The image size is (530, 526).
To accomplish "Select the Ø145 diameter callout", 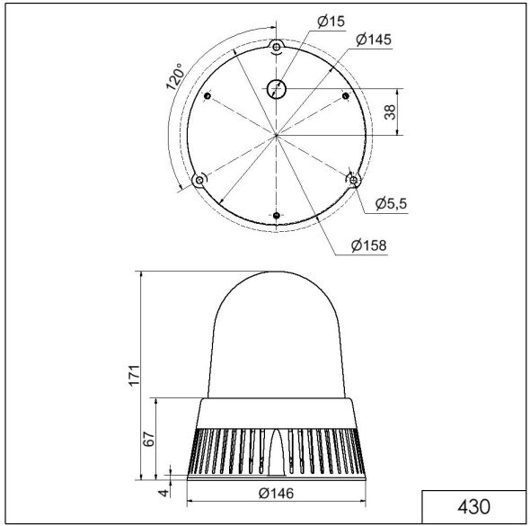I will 373,40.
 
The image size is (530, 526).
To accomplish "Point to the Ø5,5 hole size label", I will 391,203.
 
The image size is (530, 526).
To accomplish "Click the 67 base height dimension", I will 151,439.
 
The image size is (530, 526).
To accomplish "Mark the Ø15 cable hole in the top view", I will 276,88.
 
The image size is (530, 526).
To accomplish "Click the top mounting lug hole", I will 277,46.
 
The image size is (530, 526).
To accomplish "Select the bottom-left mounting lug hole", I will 199,181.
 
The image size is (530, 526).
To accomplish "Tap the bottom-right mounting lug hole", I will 354,181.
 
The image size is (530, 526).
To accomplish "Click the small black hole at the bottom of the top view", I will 277,215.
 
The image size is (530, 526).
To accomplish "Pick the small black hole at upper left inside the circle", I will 208,96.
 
